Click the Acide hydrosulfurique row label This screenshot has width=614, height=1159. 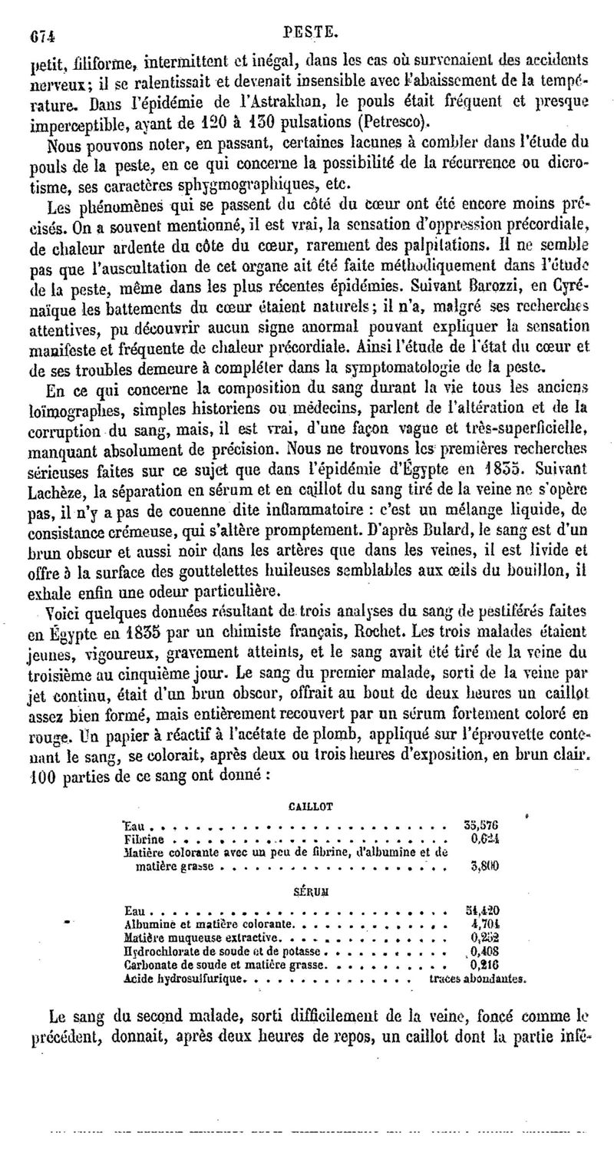point(186,979)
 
